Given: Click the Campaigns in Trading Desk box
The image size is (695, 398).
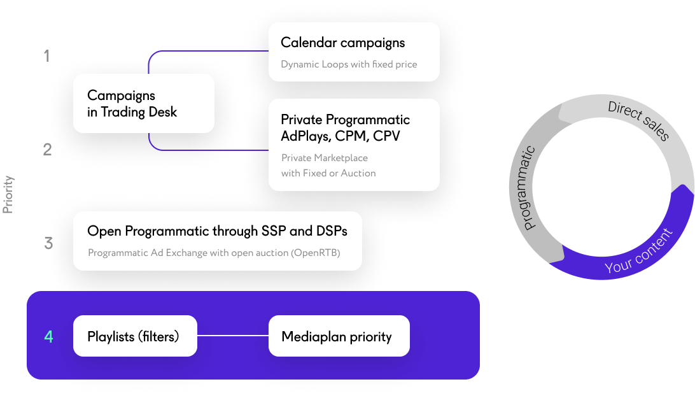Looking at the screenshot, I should (x=143, y=104).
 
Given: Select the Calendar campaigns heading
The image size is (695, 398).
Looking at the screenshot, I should (x=342, y=43).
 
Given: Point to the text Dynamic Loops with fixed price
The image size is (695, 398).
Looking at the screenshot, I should (x=349, y=64).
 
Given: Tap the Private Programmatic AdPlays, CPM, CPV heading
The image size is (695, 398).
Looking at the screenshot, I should (x=345, y=128).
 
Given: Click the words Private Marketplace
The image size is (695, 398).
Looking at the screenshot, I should (x=325, y=158).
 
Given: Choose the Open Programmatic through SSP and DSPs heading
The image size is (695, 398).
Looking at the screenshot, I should (x=216, y=231).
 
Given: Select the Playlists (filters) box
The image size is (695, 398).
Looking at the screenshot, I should (x=135, y=336).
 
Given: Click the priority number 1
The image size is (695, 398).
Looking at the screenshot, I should (x=46, y=56).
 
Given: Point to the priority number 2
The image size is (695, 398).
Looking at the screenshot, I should (x=47, y=150).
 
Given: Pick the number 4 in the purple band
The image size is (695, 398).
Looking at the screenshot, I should (x=48, y=336).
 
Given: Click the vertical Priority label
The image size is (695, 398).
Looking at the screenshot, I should (x=8, y=194).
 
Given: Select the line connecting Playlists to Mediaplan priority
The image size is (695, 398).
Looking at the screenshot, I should (x=232, y=336).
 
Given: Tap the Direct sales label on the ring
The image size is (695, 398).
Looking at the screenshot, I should (x=638, y=120).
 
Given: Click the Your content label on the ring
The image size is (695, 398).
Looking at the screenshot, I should (x=638, y=252).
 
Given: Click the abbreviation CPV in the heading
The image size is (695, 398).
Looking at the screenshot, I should (x=387, y=136).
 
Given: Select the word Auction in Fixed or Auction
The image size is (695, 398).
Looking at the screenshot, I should (x=358, y=173).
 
